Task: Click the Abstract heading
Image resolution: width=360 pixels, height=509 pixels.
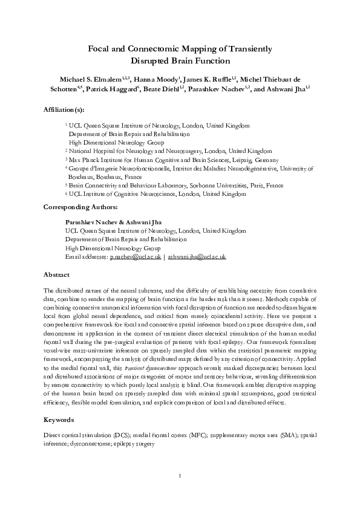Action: coord(57,274)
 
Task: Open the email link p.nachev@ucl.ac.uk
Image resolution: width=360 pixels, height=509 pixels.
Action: coord(135,257)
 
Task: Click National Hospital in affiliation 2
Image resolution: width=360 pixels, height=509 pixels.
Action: coord(91,151)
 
